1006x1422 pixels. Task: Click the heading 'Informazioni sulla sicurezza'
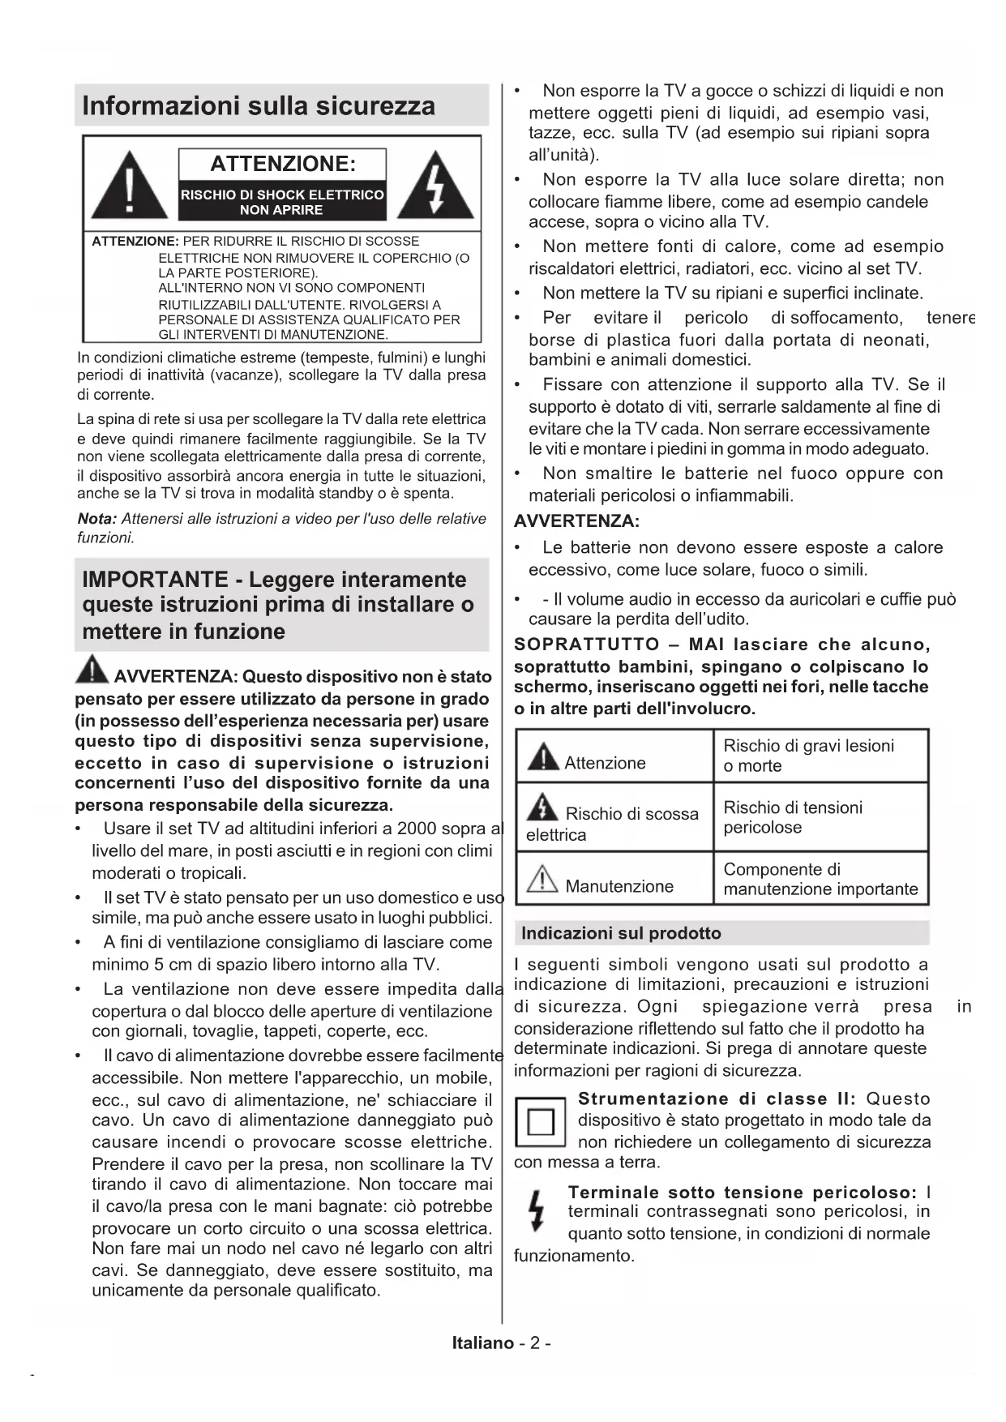259,106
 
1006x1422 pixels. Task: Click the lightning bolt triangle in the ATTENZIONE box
436,186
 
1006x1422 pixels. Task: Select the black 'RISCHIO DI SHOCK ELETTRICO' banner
282,202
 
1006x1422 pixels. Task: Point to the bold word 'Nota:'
96,519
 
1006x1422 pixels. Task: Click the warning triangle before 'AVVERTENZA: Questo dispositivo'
92,670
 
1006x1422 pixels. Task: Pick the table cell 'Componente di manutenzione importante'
820,880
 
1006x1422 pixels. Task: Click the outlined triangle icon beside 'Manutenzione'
542,880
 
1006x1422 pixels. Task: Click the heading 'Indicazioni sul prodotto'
621,933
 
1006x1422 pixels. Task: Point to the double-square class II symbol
540,1123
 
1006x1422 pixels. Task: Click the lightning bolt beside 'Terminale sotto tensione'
535,1211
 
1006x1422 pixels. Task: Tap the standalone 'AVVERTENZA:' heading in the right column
576,521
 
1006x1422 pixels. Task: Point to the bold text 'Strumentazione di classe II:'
717,1099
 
